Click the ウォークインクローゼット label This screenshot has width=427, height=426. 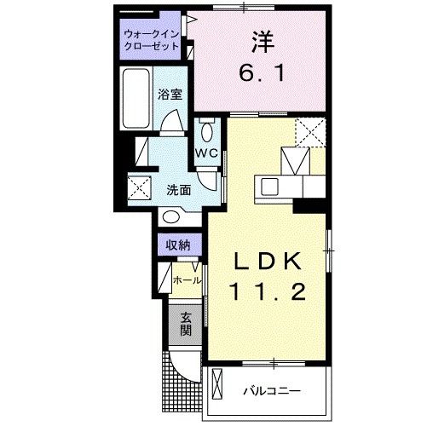[x=151, y=40]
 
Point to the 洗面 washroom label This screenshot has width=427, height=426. [x=177, y=189]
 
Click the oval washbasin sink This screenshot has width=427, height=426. [x=177, y=217]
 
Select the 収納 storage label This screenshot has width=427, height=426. [x=177, y=245]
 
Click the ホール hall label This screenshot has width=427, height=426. [x=188, y=279]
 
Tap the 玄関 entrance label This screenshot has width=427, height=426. [x=185, y=323]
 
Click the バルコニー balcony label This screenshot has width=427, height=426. [x=271, y=390]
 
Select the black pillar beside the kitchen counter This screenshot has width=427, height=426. [x=309, y=204]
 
